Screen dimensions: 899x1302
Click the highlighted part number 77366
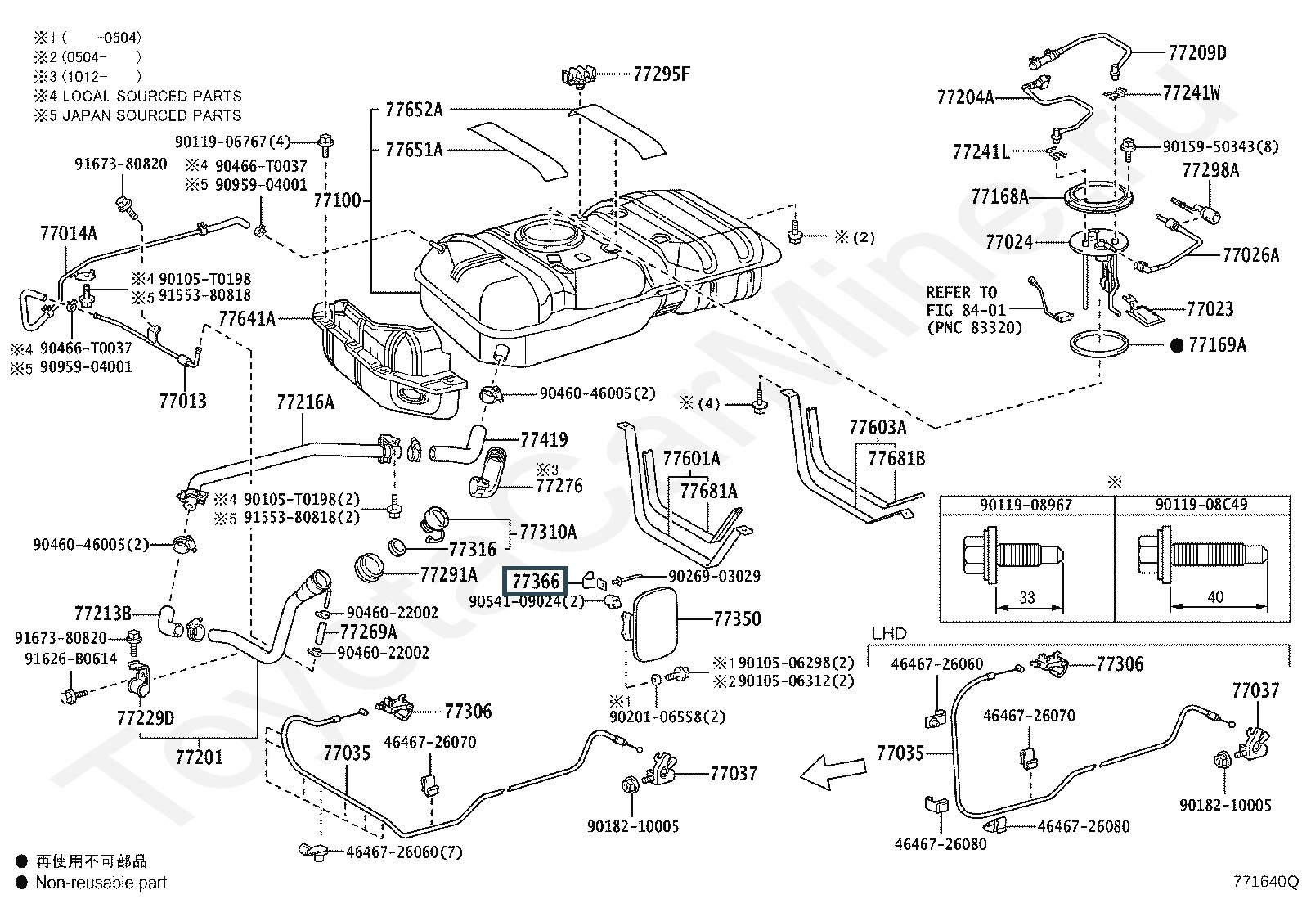point(536,581)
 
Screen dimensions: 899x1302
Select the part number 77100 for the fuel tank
point(336,200)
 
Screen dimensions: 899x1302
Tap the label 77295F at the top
point(661,74)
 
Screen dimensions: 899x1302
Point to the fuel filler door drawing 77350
point(652,626)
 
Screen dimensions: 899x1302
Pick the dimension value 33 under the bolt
point(1027,597)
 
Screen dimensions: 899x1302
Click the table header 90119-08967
point(1026,505)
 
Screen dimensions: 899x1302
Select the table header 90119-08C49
point(1201,505)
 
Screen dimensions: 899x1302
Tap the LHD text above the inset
point(889,634)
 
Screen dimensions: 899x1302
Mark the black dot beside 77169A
point(1177,345)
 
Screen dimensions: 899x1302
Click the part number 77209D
point(1197,52)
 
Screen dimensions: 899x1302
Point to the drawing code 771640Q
point(1266,882)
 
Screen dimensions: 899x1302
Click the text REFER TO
point(961,292)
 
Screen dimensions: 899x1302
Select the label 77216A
point(305,402)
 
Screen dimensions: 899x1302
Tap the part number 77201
point(199,756)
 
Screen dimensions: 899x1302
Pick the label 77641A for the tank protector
point(246,317)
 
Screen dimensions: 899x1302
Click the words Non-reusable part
point(101,883)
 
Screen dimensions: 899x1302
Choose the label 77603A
point(878,427)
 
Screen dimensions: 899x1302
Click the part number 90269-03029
point(714,577)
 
